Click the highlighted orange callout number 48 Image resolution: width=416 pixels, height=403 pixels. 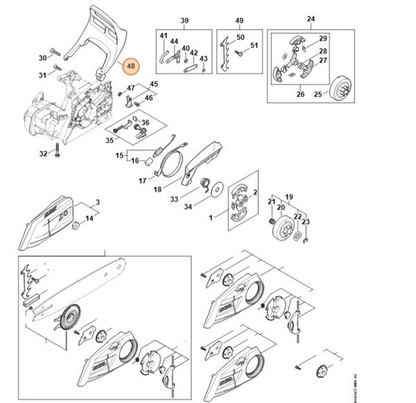(x=130, y=66)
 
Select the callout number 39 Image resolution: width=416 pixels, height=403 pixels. (x=184, y=21)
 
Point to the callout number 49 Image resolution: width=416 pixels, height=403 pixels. (x=239, y=21)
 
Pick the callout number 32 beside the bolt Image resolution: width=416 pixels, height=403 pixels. (x=42, y=154)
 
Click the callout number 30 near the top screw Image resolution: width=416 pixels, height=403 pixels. (x=42, y=57)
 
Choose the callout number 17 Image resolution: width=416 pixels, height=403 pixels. (x=142, y=181)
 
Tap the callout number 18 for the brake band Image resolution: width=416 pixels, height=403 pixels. (x=157, y=188)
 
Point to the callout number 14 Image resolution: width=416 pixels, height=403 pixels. (x=89, y=219)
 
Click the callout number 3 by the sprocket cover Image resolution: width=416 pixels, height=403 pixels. (x=98, y=202)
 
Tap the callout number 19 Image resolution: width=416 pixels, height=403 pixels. (x=289, y=197)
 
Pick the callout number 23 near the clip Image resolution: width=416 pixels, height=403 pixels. (x=306, y=222)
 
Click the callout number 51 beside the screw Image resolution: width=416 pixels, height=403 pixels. (x=254, y=46)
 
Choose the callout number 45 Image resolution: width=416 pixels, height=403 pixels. (x=153, y=84)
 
